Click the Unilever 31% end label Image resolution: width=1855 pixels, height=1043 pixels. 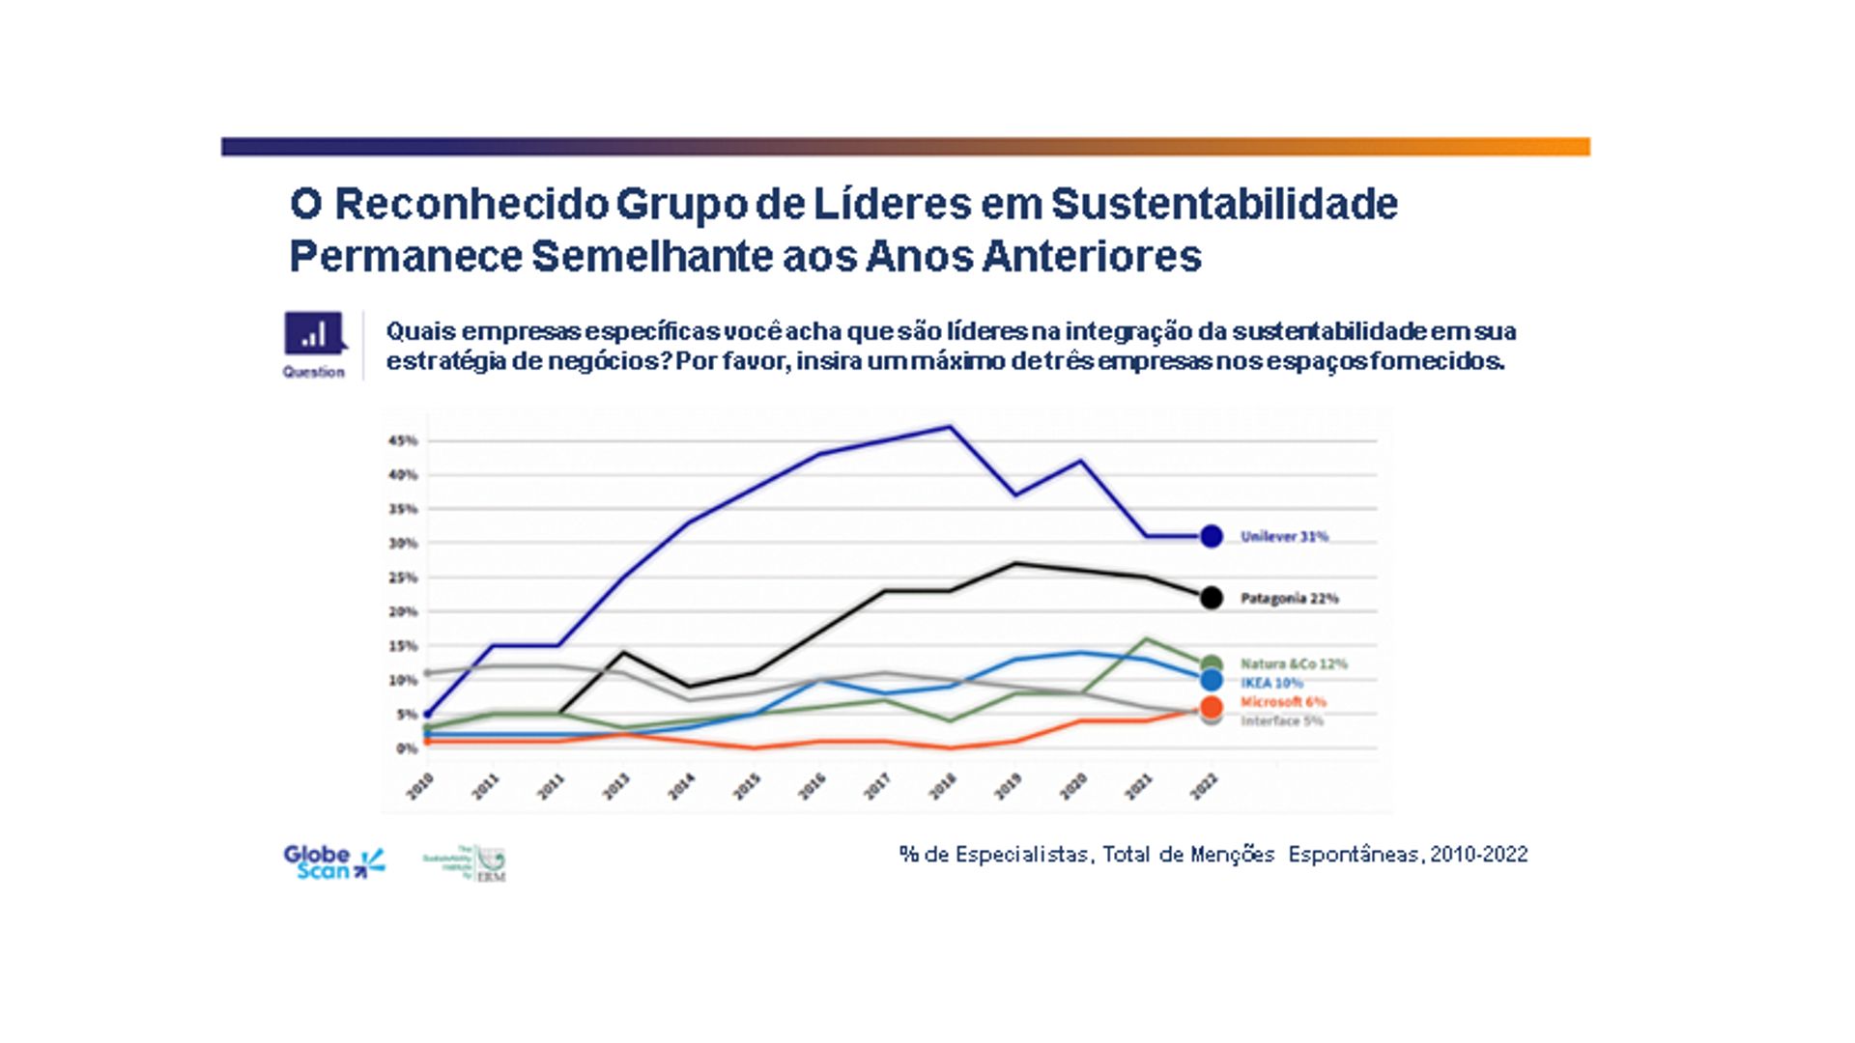(1284, 537)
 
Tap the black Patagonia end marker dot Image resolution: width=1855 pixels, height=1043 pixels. (1211, 598)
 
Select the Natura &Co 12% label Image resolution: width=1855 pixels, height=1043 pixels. (1294, 664)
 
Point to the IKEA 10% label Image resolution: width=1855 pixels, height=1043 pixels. (1271, 683)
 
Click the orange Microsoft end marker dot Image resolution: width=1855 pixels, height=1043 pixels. (1211, 706)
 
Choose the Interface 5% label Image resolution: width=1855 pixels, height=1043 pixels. (1282, 721)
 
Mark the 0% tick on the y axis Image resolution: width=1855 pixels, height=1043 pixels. (405, 748)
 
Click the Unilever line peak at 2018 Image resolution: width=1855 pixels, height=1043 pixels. (951, 427)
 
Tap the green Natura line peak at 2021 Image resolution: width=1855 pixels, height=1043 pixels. (1146, 639)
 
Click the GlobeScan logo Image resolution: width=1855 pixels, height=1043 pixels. (333, 861)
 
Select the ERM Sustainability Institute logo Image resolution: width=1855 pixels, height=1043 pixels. (466, 862)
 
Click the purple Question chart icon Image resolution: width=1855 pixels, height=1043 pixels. (313, 333)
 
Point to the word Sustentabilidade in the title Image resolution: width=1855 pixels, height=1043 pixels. (1224, 205)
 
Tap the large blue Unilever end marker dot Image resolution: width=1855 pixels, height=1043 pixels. (1211, 537)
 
